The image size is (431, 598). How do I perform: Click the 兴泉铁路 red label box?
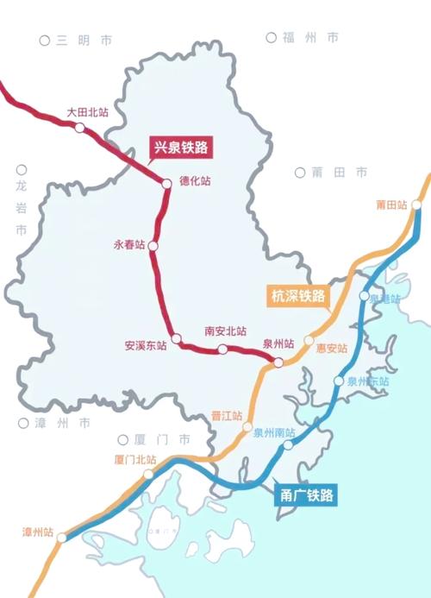click(x=181, y=147)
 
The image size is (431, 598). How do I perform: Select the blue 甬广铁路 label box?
click(x=308, y=495)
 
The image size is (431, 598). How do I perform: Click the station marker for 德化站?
click(x=167, y=182)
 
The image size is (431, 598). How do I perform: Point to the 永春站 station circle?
click(x=153, y=246)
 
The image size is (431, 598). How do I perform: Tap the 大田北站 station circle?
click(x=79, y=128)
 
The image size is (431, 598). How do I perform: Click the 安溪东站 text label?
click(x=145, y=346)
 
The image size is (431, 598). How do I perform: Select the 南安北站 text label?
click(x=225, y=331)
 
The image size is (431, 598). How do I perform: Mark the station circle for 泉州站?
click(x=278, y=362)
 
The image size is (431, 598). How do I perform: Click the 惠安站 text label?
click(x=331, y=349)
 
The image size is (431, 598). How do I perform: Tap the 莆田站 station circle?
click(x=416, y=205)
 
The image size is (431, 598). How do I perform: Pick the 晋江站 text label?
click(x=227, y=416)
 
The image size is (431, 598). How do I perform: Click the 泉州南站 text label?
click(x=274, y=432)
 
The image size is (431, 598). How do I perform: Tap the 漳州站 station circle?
click(x=61, y=538)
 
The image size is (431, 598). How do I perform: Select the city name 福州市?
click(x=309, y=38)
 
